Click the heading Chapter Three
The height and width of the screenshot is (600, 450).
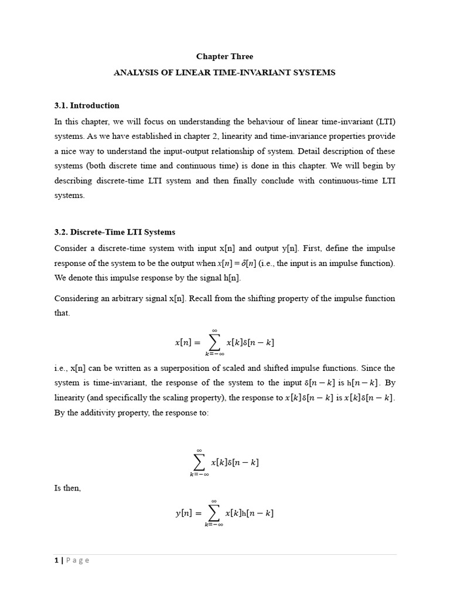click(224, 57)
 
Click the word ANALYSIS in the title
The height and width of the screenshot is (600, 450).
click(132, 73)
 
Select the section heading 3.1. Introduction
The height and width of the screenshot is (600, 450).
click(87, 105)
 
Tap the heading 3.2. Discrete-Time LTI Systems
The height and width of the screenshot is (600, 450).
click(115, 232)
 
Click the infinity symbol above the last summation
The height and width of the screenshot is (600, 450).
click(214, 501)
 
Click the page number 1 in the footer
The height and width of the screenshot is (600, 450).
click(56, 561)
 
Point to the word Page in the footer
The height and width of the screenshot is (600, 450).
click(77, 561)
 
